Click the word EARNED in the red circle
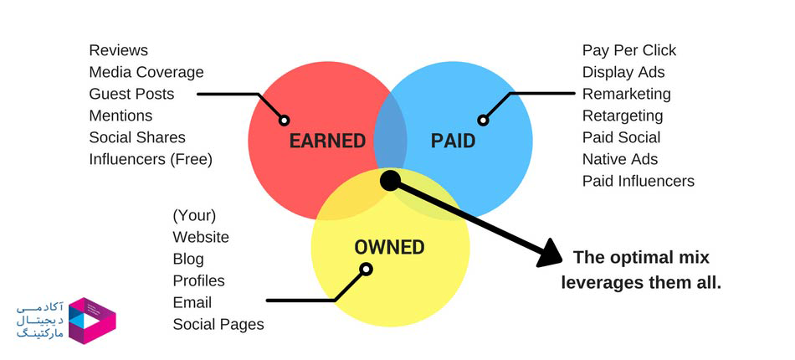click(x=327, y=141)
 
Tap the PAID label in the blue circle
click(x=453, y=141)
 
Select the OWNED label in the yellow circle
click(x=389, y=248)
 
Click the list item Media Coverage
click(x=146, y=72)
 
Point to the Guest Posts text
click(x=131, y=94)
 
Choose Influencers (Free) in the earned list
click(x=151, y=159)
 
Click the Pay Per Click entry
click(x=629, y=51)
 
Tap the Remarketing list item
click(x=626, y=95)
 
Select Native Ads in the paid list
click(x=619, y=159)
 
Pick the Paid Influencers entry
click(x=638, y=181)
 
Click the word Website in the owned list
click(x=201, y=237)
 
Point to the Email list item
click(x=192, y=302)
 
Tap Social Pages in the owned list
click(x=218, y=324)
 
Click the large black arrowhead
click(x=550, y=254)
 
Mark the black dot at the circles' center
click(x=390, y=181)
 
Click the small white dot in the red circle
click(x=285, y=121)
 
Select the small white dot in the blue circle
click(x=483, y=121)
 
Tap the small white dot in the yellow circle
click(x=367, y=270)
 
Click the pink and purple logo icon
click(x=92, y=321)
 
